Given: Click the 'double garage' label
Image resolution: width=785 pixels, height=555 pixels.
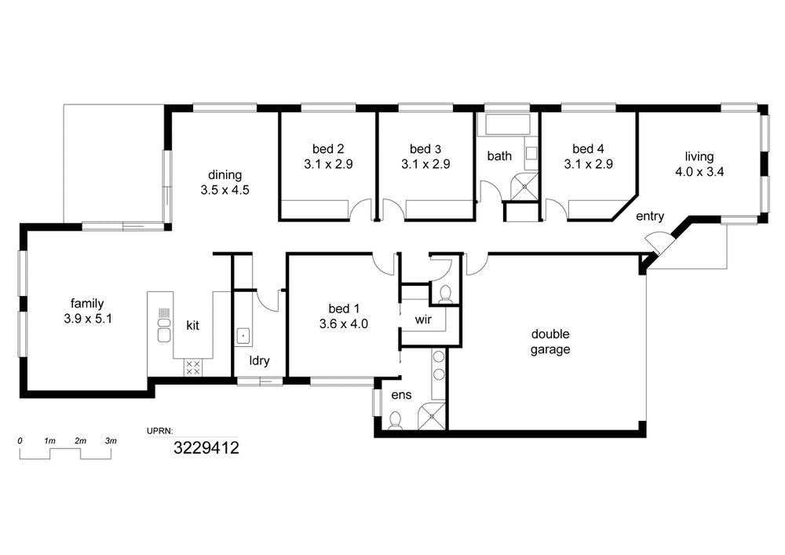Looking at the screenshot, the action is pyautogui.click(x=550, y=341).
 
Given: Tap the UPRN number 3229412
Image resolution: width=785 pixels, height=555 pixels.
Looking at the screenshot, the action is pyautogui.click(x=206, y=447).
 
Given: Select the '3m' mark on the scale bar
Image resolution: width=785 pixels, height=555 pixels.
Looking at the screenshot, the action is pyautogui.click(x=111, y=441).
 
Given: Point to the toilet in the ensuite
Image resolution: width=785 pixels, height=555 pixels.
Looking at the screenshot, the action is pyautogui.click(x=395, y=421).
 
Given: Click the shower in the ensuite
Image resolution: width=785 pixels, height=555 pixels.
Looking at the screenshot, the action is pyautogui.click(x=431, y=415).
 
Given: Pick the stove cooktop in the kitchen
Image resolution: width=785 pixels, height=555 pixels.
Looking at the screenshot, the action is pyautogui.click(x=193, y=367).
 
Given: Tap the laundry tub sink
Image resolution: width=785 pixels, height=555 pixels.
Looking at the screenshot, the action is pyautogui.click(x=243, y=335).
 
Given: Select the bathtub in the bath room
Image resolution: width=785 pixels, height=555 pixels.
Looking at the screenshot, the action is pyautogui.click(x=507, y=124).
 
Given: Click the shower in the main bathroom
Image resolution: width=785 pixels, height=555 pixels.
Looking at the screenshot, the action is pyautogui.click(x=524, y=186).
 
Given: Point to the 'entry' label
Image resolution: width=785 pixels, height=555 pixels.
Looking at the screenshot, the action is pyautogui.click(x=650, y=216).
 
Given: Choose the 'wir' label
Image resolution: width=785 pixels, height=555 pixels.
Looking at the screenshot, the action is pyautogui.click(x=423, y=319).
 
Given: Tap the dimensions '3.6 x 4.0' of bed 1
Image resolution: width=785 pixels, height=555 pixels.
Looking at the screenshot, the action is pyautogui.click(x=344, y=323).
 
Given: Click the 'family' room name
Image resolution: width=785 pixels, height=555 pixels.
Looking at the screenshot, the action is pyautogui.click(x=87, y=303).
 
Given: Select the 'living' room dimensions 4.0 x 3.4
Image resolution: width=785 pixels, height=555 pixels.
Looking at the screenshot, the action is pyautogui.click(x=699, y=172).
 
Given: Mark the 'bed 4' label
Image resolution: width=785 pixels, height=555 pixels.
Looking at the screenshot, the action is pyautogui.click(x=588, y=148).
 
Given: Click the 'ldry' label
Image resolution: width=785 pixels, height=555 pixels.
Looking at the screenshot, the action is pyautogui.click(x=259, y=360).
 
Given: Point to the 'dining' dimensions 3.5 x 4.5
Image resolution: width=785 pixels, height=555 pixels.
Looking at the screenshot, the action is pyautogui.click(x=225, y=190).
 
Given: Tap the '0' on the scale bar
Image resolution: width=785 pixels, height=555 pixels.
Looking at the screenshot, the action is pyautogui.click(x=20, y=441).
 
